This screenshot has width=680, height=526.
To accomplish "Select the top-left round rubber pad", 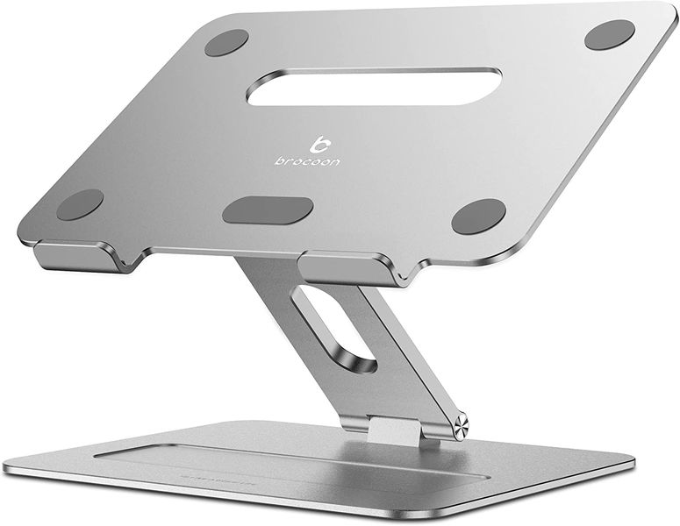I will point(226,42).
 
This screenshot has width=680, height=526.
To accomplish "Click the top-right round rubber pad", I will point(609,35).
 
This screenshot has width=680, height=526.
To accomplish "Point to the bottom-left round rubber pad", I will point(80,204).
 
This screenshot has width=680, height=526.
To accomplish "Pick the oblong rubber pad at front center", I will point(268,210).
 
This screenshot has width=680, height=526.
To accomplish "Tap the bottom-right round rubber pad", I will point(478,216).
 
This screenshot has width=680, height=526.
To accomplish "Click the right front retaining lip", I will point(351,267).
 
